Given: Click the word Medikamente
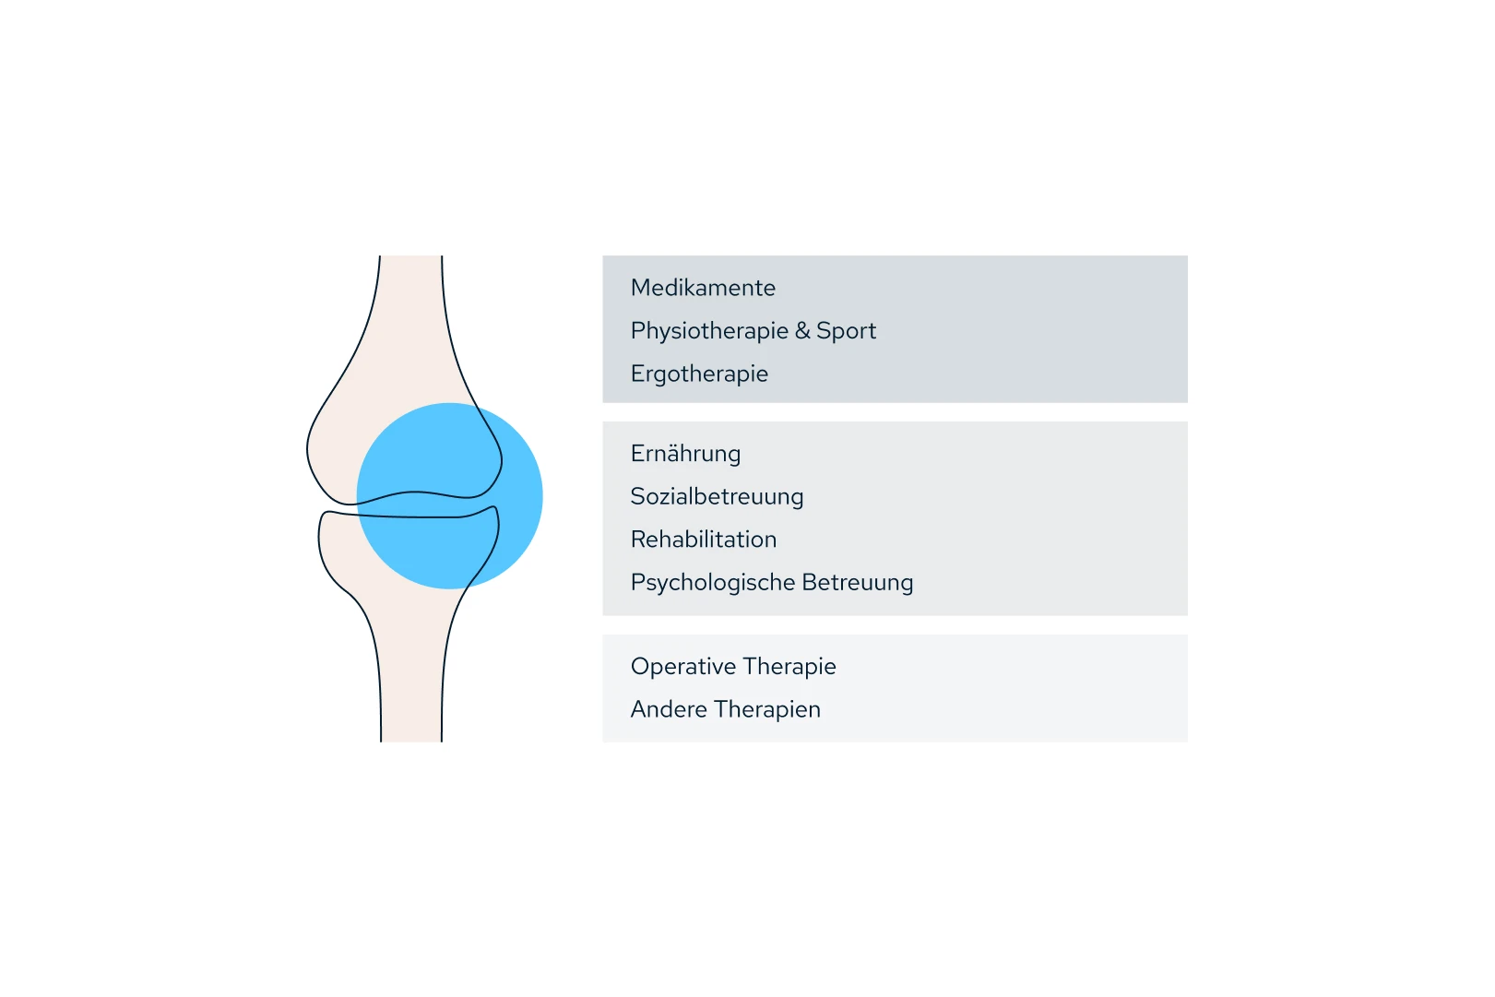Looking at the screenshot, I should pos(703,288).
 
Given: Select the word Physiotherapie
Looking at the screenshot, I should pos(709,331).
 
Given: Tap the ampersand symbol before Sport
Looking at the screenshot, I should pos(802,330).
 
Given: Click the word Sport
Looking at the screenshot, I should pos(846,331).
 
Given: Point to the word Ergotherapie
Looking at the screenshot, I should pos(699,374).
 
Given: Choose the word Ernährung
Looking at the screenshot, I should pos(685,454).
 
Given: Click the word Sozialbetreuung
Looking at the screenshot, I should pos(717,497).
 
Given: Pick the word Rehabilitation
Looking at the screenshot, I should pos(704,540).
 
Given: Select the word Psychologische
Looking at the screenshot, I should pos(713,583).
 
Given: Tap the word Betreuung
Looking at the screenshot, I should pos(858,583).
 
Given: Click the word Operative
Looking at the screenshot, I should pos(683,667).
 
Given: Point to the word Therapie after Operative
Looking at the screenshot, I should pos(789,667).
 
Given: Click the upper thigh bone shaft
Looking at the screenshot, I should pos(411,304).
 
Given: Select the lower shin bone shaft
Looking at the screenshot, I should pos(411,682).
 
